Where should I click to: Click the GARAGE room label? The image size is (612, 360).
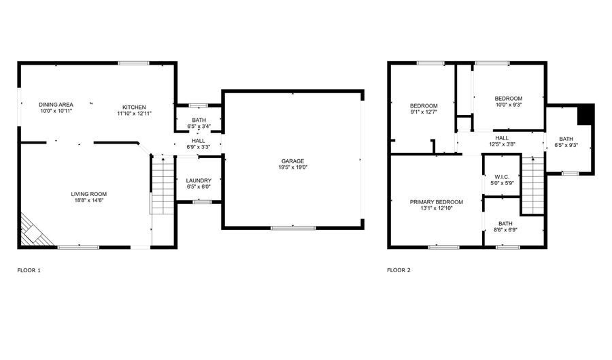pos(292,161)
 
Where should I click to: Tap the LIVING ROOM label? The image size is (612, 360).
pos(89,194)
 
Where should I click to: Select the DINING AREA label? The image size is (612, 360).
pos(56,104)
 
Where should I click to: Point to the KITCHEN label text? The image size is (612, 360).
pos(134,107)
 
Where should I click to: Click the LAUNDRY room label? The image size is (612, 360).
pos(199,180)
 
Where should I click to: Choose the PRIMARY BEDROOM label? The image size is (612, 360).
pos(436,202)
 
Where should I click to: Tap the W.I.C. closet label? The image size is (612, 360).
pos(502,178)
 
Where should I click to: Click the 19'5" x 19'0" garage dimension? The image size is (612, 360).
pos(292,167)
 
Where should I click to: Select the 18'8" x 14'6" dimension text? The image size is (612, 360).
pos(89,200)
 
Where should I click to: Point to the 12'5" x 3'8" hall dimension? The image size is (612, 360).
pos(502,144)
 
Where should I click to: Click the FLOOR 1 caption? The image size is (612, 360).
pos(29,270)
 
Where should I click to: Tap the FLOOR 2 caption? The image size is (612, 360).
pos(399,270)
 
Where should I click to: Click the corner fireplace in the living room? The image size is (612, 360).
pos(33,231)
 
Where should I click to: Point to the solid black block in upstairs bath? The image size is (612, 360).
pos(585,114)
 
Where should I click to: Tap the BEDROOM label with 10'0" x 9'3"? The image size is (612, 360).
pos(508,99)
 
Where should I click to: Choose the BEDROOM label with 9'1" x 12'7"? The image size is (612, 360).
pos(423,105)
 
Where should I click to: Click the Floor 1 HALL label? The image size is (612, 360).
pos(198,140)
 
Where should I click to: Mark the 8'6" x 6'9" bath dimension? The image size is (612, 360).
pos(505,229)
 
